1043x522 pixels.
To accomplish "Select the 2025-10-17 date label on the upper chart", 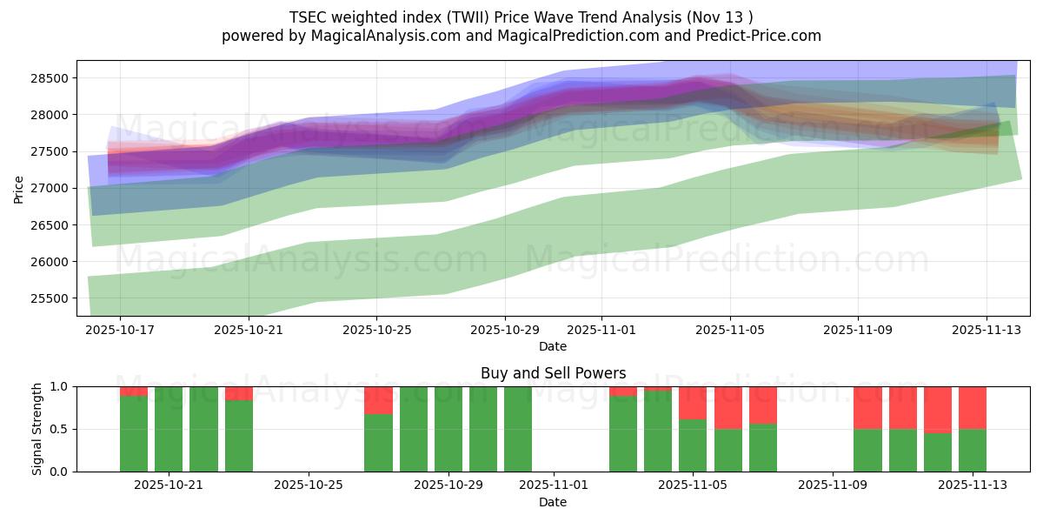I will click(120, 330).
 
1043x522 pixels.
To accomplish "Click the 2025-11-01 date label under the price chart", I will click(601, 330).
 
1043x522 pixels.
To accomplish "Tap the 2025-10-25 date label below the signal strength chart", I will click(309, 485).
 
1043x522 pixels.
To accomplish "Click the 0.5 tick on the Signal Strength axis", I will click(60, 429).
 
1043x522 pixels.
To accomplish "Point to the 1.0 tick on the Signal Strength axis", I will click(60, 386).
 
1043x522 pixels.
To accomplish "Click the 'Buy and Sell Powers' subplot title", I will click(553, 373).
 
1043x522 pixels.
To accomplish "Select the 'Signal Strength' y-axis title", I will click(37, 429).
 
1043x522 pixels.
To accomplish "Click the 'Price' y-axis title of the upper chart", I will click(18, 188).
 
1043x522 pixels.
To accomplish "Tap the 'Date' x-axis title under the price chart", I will click(553, 346).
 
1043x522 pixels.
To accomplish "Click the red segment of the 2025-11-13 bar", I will click(973, 407).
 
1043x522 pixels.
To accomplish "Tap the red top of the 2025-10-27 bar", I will click(378, 399).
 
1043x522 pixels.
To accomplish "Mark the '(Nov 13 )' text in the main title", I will click(723, 17).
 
